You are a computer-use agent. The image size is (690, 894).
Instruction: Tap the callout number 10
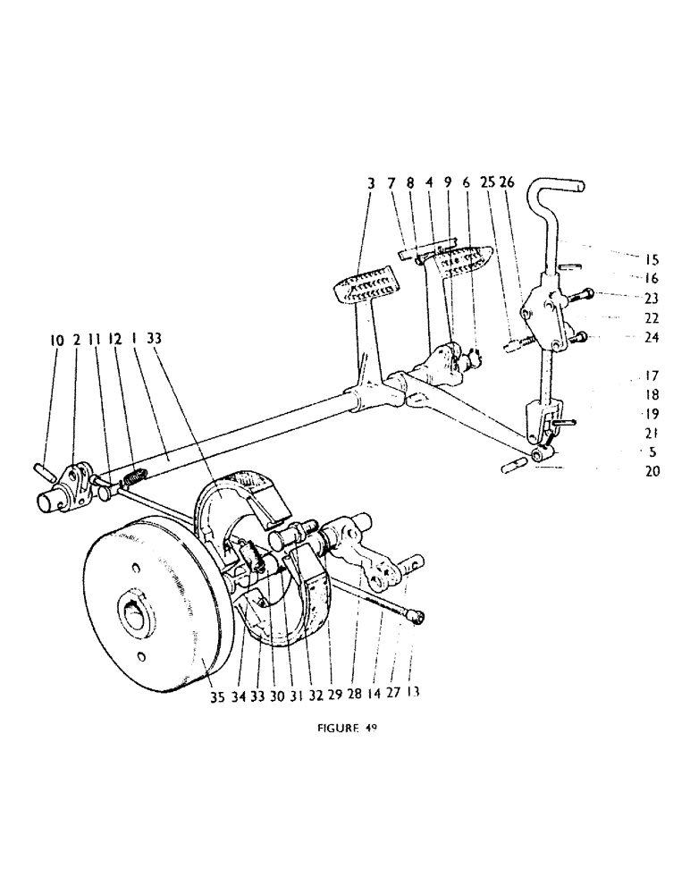[57, 340]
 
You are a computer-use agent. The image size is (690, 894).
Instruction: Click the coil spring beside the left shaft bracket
[131, 480]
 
